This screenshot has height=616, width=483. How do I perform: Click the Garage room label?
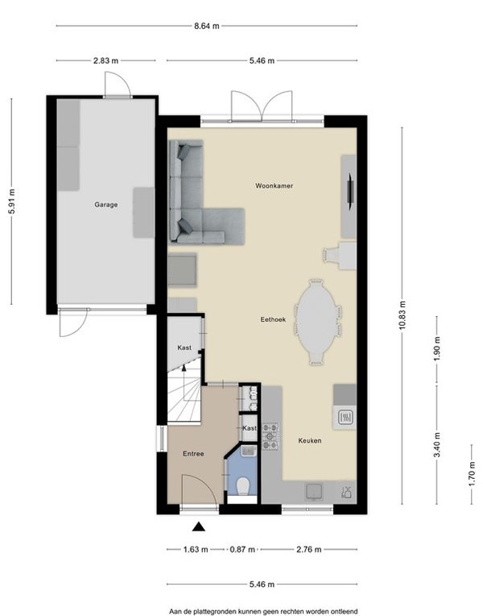(106, 205)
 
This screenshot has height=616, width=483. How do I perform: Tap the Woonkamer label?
(274, 185)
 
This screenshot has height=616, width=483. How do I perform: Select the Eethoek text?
(273, 319)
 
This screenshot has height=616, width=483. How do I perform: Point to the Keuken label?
(310, 441)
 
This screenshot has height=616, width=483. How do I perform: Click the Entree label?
(193, 454)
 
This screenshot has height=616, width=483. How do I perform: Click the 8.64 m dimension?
(207, 27)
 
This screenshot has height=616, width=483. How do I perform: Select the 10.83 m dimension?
(402, 315)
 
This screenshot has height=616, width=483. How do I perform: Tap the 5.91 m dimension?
(12, 201)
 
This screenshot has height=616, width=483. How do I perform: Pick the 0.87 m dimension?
(242, 549)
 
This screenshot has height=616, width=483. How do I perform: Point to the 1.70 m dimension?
(472, 474)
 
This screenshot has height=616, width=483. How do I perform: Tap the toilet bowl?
(243, 486)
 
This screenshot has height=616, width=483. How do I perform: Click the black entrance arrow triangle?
(199, 527)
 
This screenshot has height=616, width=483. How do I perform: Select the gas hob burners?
(270, 435)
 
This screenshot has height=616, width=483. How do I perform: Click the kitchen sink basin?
(314, 492)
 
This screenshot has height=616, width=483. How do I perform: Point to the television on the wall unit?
(351, 193)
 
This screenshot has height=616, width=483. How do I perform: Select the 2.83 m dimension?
(105, 61)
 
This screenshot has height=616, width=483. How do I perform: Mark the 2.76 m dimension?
(309, 549)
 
